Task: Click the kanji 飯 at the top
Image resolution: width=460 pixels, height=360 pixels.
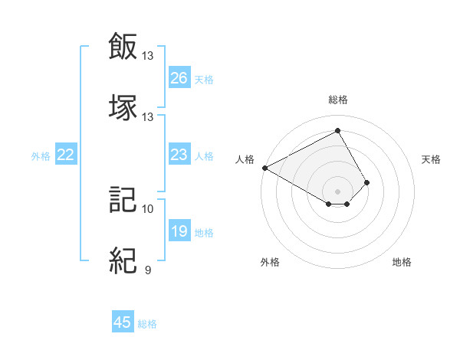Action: coord(123,45)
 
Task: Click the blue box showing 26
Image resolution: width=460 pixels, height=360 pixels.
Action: coord(179,78)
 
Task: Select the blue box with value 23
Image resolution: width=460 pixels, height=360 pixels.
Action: coord(179,155)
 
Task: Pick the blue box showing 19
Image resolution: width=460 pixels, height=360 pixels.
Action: coord(179,231)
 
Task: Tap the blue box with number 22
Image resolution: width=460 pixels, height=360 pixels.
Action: coord(66,155)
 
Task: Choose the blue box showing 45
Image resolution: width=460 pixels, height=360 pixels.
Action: coord(123,322)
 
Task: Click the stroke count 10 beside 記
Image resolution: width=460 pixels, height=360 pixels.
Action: coord(148,208)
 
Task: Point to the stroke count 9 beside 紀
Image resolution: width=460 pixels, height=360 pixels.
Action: coord(147,270)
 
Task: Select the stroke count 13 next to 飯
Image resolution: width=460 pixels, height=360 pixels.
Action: coord(148,55)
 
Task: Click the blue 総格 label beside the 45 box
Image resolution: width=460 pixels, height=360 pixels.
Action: coord(147,324)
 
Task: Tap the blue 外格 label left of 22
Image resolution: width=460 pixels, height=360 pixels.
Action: coord(41,156)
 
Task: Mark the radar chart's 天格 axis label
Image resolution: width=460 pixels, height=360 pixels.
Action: coord(432,159)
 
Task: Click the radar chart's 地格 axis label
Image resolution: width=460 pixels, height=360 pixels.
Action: coord(402,262)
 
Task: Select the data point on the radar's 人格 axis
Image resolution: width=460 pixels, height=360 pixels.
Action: coord(264,167)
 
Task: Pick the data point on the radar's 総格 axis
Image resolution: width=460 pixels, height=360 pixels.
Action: coord(337,131)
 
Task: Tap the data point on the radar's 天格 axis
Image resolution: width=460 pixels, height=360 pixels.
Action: coord(367,182)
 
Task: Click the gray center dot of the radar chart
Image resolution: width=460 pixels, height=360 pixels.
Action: coord(337,191)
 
